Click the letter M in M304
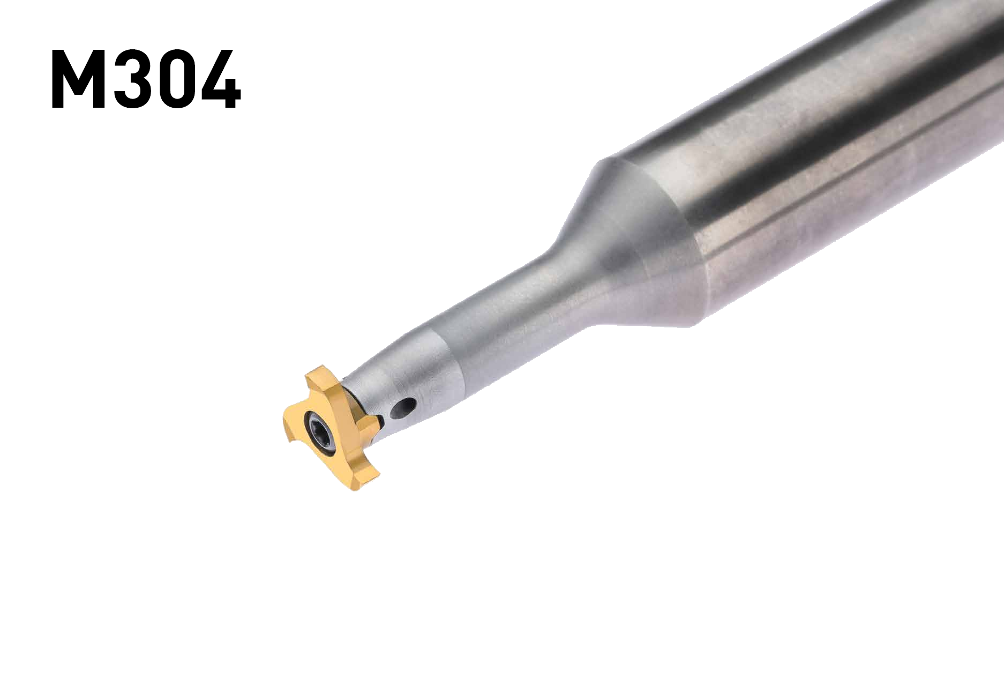[77, 79]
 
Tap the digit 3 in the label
[133, 79]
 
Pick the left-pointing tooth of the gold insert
[290, 423]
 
